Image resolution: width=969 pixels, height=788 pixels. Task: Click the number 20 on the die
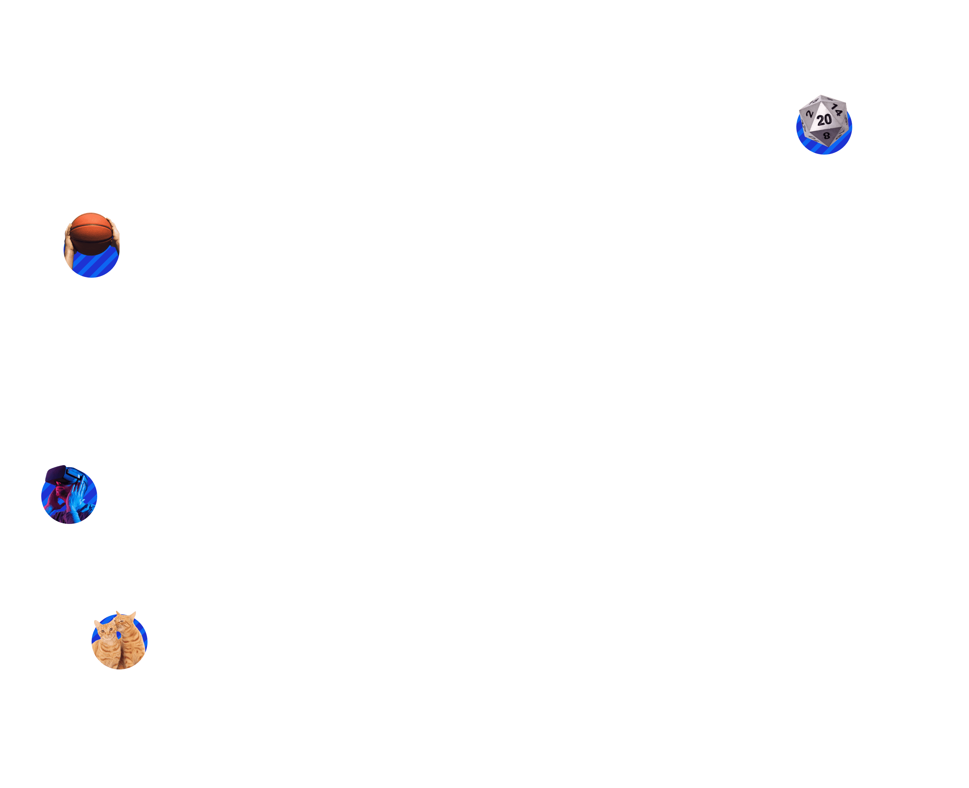coord(824,120)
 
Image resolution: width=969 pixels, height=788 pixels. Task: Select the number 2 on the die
coord(810,114)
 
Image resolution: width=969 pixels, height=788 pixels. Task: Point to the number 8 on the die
coord(827,135)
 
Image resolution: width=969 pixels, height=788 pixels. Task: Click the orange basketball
coord(91,233)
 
